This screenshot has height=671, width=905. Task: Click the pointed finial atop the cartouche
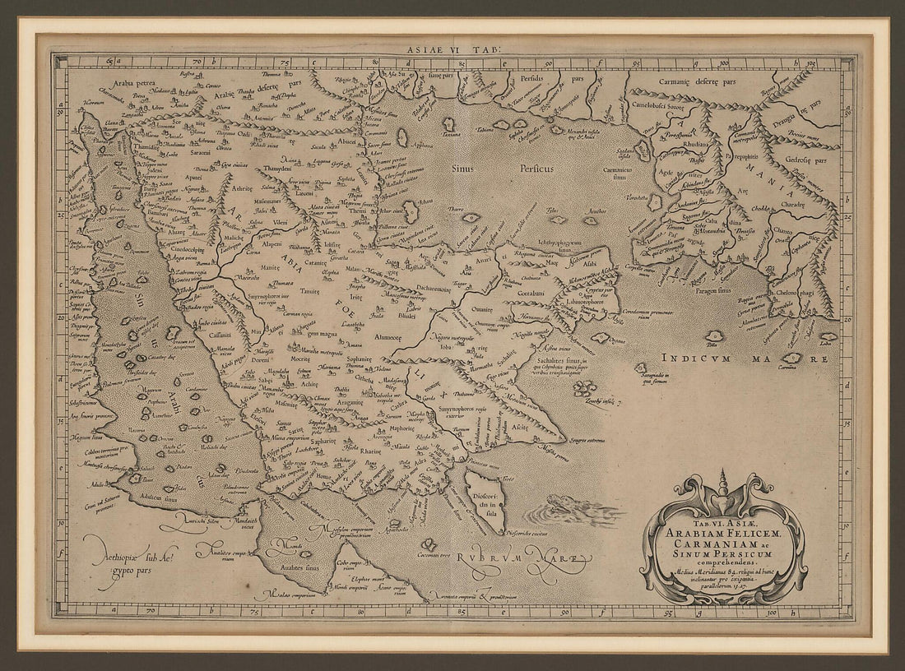pos(723,481)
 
